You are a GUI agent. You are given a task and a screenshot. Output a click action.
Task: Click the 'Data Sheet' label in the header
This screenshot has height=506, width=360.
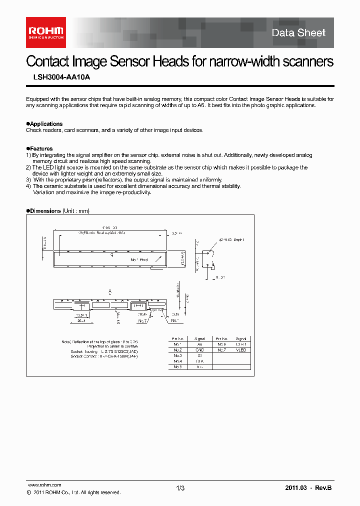coord(298,33)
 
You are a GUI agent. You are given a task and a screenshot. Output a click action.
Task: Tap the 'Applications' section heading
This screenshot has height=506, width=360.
coord(45,123)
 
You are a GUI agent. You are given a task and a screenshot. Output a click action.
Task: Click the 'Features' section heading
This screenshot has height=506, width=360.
coord(40,148)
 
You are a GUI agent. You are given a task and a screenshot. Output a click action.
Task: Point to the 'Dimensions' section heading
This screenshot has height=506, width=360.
coord(45,211)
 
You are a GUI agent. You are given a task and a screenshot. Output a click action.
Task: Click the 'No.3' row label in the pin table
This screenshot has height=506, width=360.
coord(177,355)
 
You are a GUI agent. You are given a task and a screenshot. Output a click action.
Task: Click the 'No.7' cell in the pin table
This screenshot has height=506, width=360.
coord(221,350)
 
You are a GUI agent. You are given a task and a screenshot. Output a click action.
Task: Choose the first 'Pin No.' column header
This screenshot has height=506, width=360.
coord(177,338)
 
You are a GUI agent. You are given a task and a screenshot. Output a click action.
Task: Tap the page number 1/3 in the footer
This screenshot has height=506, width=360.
coord(180,488)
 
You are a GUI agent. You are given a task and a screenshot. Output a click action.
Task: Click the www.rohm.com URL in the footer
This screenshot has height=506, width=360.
coord(44,485)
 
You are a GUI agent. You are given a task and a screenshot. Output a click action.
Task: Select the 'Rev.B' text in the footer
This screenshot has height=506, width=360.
coord(322,488)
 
